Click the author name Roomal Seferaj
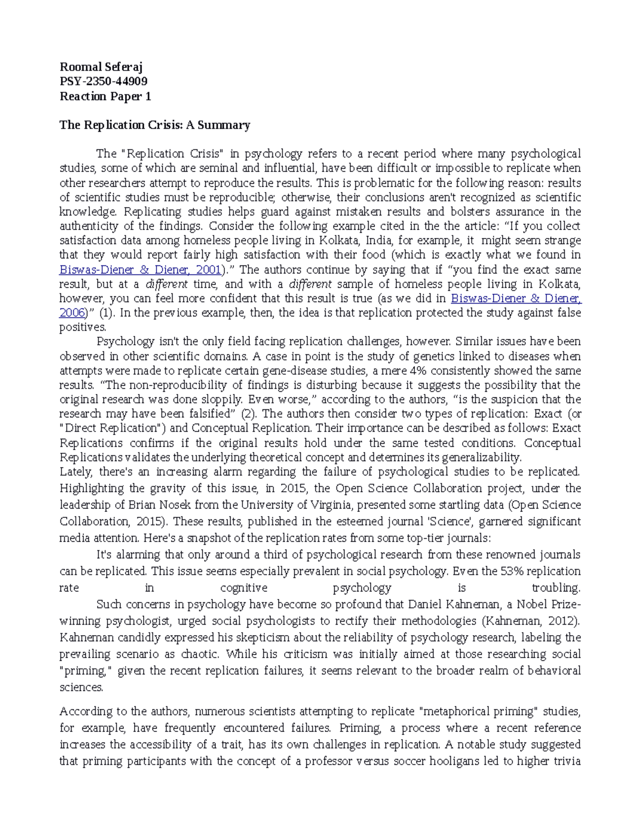(x=101, y=67)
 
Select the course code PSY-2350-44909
(x=104, y=81)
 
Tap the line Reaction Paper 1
(x=105, y=96)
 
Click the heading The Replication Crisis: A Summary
(x=155, y=125)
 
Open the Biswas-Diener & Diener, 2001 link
(x=140, y=270)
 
